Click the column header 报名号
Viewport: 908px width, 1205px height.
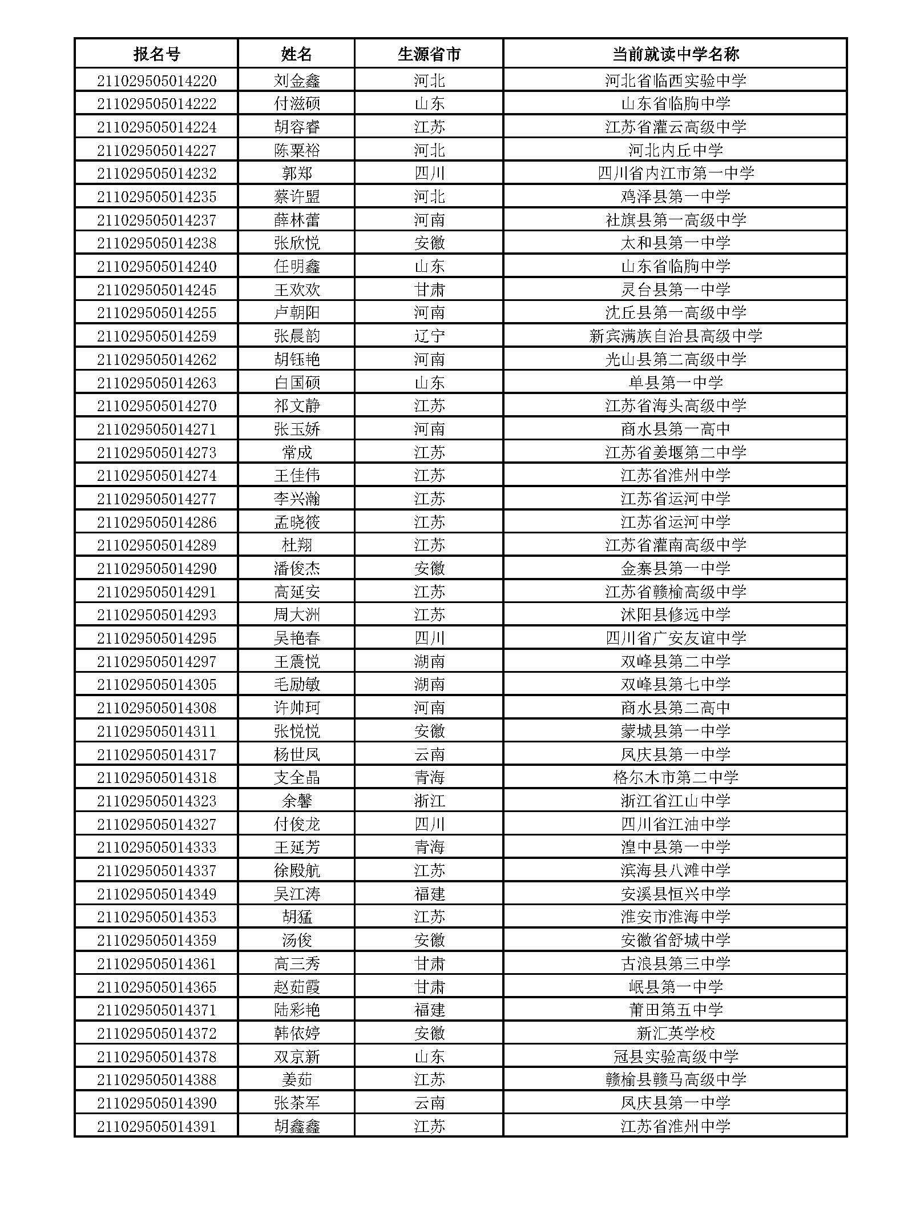click(x=156, y=54)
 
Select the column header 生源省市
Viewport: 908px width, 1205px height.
click(x=429, y=54)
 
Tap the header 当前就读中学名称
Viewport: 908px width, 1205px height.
click(x=675, y=54)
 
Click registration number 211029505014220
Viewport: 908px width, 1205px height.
click(x=156, y=81)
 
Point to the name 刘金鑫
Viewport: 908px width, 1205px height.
click(x=297, y=81)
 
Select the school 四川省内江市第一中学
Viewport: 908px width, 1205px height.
click(x=675, y=173)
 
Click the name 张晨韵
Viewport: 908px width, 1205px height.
click(x=297, y=336)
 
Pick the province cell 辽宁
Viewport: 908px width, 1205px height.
click(x=429, y=336)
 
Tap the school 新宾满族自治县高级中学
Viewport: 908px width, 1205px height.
click(x=675, y=336)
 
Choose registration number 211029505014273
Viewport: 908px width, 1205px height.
click(x=156, y=452)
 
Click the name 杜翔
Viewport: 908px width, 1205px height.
click(x=297, y=545)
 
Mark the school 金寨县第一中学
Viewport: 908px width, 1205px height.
click(x=675, y=568)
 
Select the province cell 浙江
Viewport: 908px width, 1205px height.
click(x=429, y=801)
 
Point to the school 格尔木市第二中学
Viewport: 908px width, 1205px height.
click(x=675, y=777)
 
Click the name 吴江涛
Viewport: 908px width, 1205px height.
click(x=297, y=894)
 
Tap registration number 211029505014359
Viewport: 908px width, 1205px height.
click(x=156, y=940)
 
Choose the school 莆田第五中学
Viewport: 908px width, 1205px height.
click(x=675, y=1010)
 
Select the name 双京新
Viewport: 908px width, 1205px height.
click(x=297, y=1057)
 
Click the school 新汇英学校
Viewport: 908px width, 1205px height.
click(x=675, y=1033)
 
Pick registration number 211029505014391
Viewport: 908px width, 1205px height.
click(x=156, y=1126)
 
